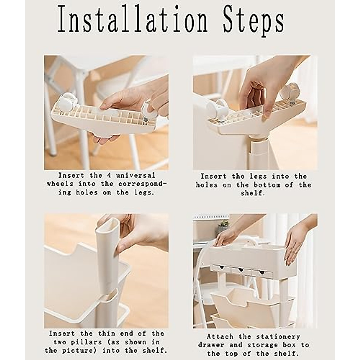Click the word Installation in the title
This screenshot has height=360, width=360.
coord(133,20)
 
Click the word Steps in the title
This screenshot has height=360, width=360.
coord(253,22)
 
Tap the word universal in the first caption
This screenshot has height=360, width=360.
coord(136,175)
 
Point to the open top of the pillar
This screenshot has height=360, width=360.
coord(107,223)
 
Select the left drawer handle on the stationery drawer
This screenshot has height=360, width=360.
coord(221,268)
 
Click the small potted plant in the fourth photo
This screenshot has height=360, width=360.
coord(223,226)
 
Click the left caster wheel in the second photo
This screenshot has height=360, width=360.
coord(217,109)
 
